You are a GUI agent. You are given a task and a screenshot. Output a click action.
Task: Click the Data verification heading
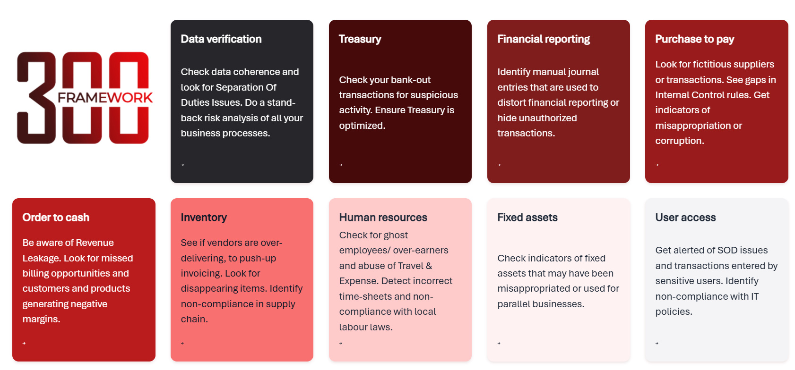pos(221,39)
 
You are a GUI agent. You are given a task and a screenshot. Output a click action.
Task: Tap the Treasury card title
pos(360,39)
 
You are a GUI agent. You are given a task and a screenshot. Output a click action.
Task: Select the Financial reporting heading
pos(544,39)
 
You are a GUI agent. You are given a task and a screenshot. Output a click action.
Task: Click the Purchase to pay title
pos(694,39)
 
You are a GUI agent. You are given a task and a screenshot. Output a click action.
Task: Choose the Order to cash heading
pos(56,217)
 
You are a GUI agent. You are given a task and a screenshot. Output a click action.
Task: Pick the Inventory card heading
pos(204,218)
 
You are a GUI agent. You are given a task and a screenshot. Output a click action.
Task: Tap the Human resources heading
pos(383,217)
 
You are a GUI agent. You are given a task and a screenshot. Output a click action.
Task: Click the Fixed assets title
pos(527,217)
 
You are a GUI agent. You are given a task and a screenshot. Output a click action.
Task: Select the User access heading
pos(685,217)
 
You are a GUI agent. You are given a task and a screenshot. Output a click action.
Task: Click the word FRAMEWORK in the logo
pos(105,98)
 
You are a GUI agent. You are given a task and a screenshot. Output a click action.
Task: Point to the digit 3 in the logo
pos(36,98)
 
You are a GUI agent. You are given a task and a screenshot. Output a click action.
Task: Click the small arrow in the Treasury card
pos(341,165)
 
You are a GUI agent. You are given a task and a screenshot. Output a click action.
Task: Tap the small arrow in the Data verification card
pos(182,165)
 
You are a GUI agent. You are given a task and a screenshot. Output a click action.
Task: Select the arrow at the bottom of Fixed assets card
pos(499,343)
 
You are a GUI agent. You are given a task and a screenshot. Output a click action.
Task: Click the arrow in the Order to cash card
pos(24,343)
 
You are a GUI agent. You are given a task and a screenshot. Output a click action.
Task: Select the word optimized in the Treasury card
pos(362,126)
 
